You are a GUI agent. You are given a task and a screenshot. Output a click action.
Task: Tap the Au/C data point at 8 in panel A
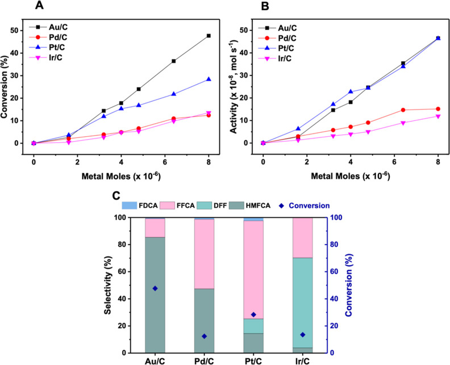click(x=209, y=36)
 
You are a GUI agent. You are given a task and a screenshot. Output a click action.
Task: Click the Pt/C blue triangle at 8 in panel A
click(x=209, y=79)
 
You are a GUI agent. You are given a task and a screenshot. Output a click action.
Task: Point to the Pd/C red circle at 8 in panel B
click(x=438, y=109)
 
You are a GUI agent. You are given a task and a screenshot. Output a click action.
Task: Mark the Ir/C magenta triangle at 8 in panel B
click(x=438, y=116)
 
